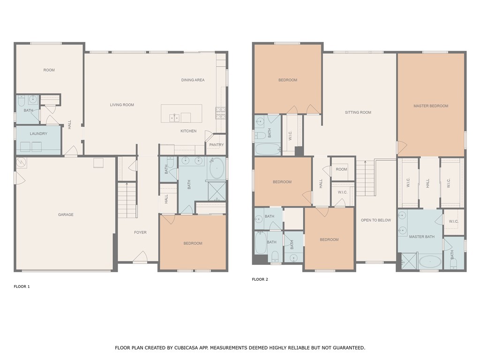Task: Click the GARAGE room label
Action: coord(66,215)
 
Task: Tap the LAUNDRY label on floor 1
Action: coord(38,134)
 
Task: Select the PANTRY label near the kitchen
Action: coord(217,145)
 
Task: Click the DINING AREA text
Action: coord(193,80)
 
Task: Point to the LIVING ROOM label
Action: coord(122,105)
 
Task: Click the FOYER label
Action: coord(140,232)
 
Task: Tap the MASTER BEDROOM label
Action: coord(431,106)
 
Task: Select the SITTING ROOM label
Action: coord(358,112)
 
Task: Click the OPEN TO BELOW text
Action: coord(375,220)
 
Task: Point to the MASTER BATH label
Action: coord(422,237)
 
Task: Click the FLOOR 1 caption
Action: coord(22,286)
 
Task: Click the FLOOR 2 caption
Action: coord(260,279)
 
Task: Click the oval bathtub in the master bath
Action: coord(430,262)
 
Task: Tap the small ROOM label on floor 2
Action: coord(342,169)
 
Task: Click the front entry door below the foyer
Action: coord(140,258)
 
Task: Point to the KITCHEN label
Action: coord(188,131)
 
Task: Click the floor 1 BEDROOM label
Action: coord(193,243)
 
